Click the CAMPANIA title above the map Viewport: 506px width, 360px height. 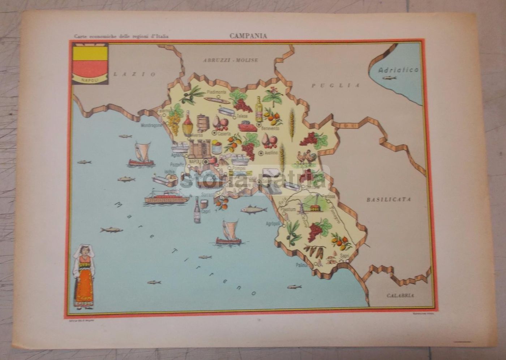[x=248, y=36]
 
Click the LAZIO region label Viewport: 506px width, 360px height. [x=134, y=74]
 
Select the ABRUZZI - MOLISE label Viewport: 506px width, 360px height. [x=230, y=60]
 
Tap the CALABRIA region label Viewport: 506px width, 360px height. [x=400, y=295]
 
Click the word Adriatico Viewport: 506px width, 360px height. [x=398, y=70]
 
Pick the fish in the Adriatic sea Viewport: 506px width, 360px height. [x=389, y=78]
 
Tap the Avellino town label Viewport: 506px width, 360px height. [x=271, y=153]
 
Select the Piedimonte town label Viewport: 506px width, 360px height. [x=216, y=92]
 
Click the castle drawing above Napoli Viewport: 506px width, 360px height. [x=199, y=148]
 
